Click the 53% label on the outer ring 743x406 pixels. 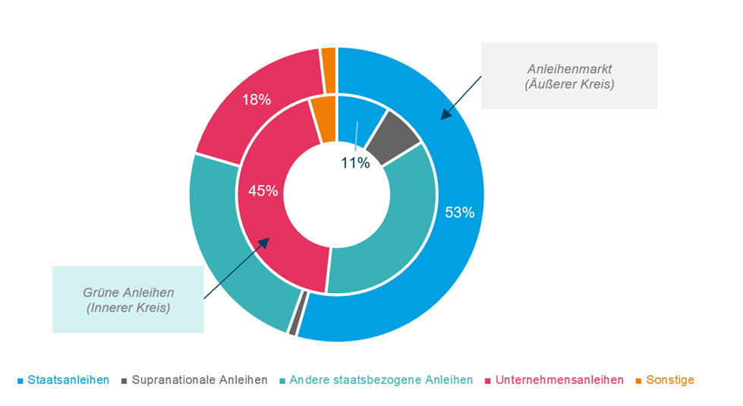[x=459, y=212]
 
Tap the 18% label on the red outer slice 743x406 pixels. [x=256, y=99]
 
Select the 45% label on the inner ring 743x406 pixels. [x=263, y=191]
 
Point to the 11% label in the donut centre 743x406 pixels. [x=354, y=162]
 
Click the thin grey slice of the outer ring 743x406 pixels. [x=293, y=323]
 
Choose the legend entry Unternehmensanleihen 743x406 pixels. [x=559, y=379]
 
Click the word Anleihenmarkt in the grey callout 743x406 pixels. [x=568, y=70]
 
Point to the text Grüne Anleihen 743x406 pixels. [x=128, y=292]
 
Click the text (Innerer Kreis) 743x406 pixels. [x=128, y=308]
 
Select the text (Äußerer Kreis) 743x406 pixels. [x=568, y=85]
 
